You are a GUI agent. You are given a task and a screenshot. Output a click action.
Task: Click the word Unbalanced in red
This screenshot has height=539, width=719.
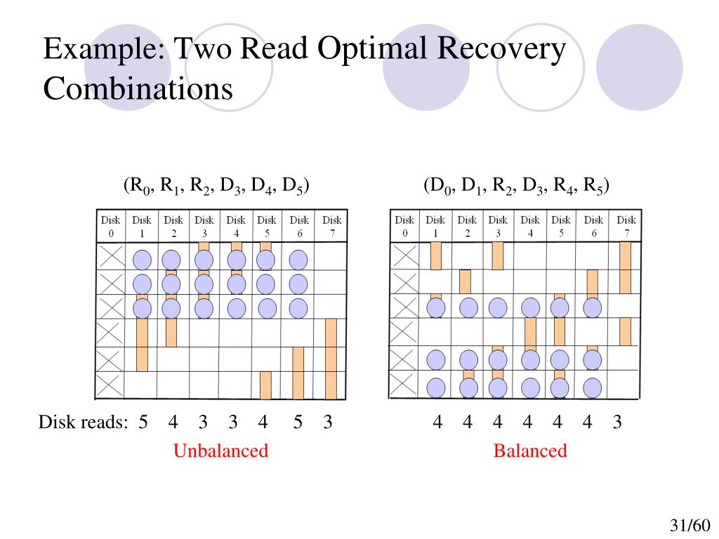click(220, 451)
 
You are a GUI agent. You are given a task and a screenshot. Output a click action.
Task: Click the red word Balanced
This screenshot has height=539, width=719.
click(529, 451)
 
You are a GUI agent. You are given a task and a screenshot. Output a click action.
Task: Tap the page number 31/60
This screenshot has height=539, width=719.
click(691, 526)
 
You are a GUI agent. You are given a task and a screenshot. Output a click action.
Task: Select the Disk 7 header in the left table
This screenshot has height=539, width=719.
click(331, 227)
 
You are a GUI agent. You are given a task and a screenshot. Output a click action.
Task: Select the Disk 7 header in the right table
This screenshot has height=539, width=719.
click(626, 227)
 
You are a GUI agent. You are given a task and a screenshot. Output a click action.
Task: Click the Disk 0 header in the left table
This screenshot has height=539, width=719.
click(110, 227)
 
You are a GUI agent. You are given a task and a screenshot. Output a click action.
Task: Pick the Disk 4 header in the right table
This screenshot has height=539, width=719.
click(530, 227)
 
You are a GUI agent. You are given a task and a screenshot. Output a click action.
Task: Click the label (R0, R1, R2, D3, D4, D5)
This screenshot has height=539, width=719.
click(217, 185)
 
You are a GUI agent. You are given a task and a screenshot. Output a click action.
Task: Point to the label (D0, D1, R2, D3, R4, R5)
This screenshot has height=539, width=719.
click(516, 185)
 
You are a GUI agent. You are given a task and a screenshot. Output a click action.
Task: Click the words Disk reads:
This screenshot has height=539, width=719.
click(83, 422)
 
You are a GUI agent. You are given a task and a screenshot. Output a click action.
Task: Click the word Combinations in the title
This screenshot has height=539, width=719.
click(138, 88)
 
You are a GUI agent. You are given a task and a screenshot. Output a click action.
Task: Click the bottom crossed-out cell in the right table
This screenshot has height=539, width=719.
click(405, 386)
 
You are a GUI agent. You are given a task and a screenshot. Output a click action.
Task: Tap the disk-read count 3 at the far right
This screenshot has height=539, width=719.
click(617, 422)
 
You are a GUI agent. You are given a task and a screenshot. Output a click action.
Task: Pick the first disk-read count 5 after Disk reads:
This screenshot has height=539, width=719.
click(143, 422)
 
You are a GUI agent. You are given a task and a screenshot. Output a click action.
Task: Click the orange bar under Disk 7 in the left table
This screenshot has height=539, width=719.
click(331, 358)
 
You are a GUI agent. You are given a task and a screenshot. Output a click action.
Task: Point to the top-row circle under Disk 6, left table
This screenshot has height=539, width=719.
click(298, 260)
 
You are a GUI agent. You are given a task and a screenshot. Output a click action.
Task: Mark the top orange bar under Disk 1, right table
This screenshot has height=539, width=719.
click(435, 256)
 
